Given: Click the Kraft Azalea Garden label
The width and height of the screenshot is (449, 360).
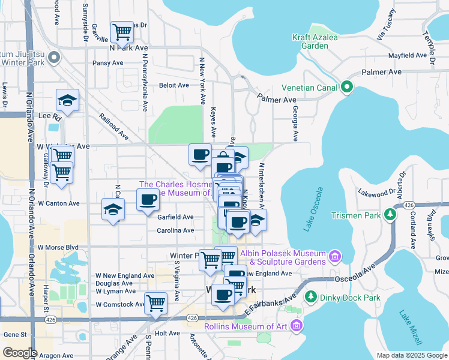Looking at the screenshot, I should click(315, 41).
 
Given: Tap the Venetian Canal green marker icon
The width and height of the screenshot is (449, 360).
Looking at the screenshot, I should click(346, 88).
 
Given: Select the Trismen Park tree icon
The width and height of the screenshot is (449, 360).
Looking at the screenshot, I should click(391, 214).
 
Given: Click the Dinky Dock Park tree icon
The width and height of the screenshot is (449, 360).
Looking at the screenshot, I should click(311, 296).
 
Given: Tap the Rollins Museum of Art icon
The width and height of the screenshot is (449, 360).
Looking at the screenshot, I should click(295, 326).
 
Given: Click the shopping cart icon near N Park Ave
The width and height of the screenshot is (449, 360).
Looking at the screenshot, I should click(122, 31).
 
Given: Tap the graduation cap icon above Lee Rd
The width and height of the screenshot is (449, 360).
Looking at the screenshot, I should click(68, 100).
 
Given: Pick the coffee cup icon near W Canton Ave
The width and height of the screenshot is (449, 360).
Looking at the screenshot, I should click(148, 199).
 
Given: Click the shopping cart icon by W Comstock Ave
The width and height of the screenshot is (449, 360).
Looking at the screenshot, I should click(155, 302).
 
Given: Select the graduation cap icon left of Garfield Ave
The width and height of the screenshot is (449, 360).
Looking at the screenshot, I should click(113, 210).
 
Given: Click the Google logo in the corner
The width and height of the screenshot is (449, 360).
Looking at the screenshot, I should click(20, 353).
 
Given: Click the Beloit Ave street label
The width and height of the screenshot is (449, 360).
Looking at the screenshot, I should click(174, 85).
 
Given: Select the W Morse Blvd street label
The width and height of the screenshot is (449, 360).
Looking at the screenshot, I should click(58, 247).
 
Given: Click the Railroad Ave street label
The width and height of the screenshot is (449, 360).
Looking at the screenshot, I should click(114, 126).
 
